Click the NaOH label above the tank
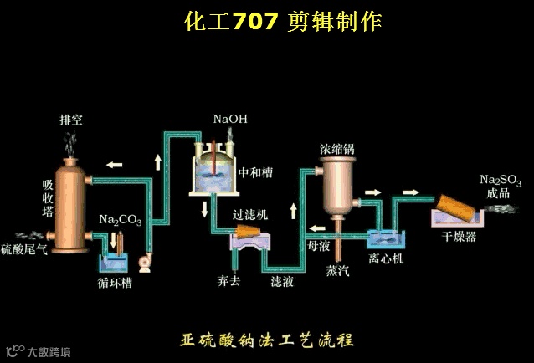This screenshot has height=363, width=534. (229, 120)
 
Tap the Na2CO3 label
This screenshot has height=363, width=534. (120, 221)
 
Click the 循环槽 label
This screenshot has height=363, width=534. (115, 283)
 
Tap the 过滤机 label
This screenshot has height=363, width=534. (250, 215)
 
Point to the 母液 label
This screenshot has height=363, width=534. (319, 247)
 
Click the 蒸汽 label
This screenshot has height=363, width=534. (338, 271)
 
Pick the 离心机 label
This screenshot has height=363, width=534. (386, 259)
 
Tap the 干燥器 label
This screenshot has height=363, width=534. (460, 237)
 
